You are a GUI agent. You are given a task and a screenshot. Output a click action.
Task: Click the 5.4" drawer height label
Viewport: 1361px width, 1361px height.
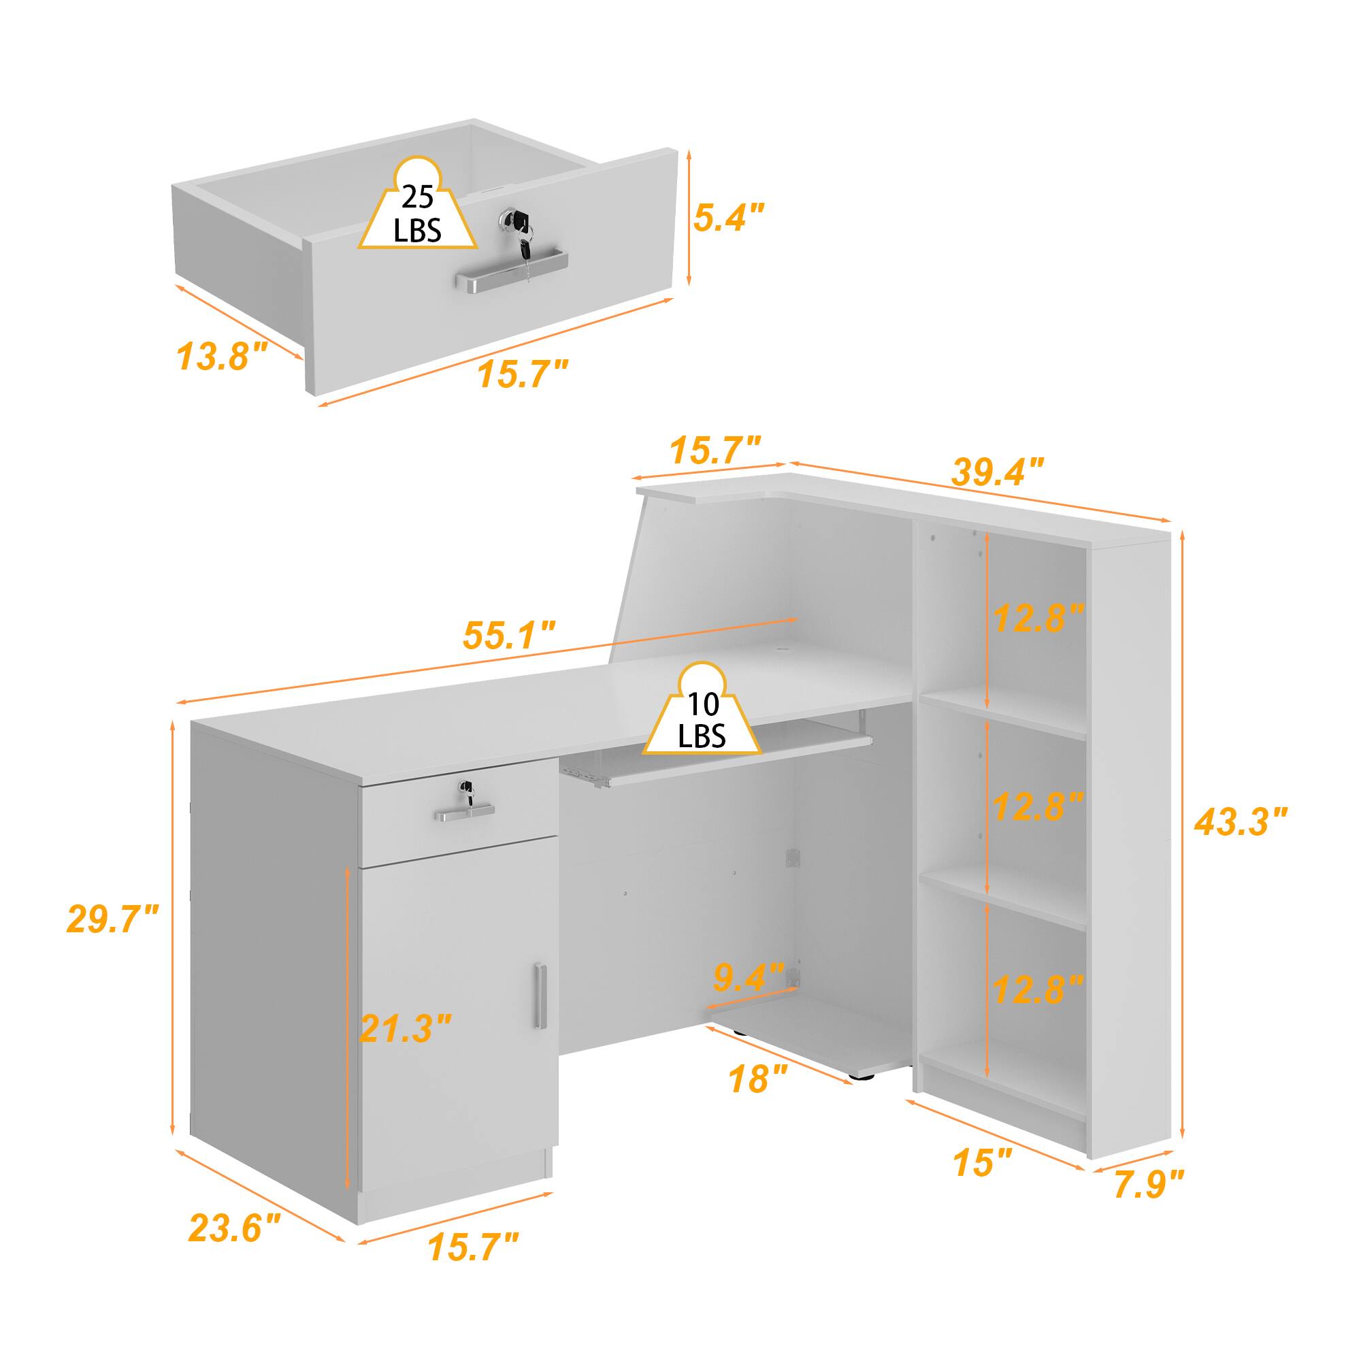[x=728, y=217]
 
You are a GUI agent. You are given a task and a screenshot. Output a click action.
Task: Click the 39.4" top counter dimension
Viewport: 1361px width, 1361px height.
[x=998, y=472]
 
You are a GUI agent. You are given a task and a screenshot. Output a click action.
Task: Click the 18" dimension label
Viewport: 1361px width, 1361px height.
[x=758, y=1098]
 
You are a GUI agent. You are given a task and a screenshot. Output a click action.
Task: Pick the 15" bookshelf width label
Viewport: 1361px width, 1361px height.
[x=983, y=1163]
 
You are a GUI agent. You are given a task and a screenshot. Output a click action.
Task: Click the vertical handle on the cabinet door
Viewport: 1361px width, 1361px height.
[x=540, y=996]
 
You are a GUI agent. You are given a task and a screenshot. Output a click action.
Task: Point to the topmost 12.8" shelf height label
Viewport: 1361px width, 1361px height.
[x=1037, y=618]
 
